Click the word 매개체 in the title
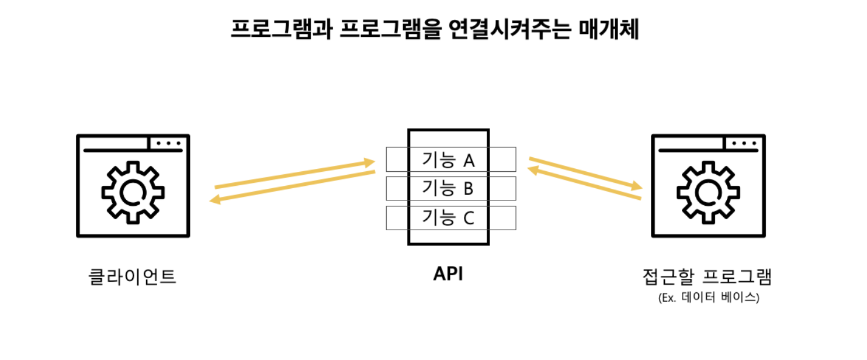(608, 29)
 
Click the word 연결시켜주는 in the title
(509, 29)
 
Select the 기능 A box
(451, 159)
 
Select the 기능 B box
(451, 188)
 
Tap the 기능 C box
(451, 218)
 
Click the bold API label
(448, 274)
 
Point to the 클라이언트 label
(133, 276)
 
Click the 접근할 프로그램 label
(707, 276)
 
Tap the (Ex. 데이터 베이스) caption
(709, 297)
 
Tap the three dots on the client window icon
(168, 143)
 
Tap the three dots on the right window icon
(744, 143)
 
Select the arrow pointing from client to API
(295, 174)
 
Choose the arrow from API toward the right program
(585, 174)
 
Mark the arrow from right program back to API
(584, 182)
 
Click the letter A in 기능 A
(469, 160)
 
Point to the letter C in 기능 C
(469, 218)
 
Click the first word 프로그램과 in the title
(282, 29)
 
